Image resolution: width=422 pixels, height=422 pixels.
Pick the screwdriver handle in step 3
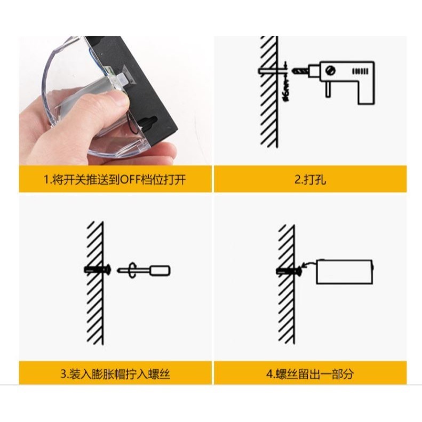click(160, 270)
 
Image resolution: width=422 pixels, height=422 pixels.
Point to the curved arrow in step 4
click(308, 264)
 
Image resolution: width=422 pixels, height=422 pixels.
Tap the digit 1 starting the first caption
click(46, 180)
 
